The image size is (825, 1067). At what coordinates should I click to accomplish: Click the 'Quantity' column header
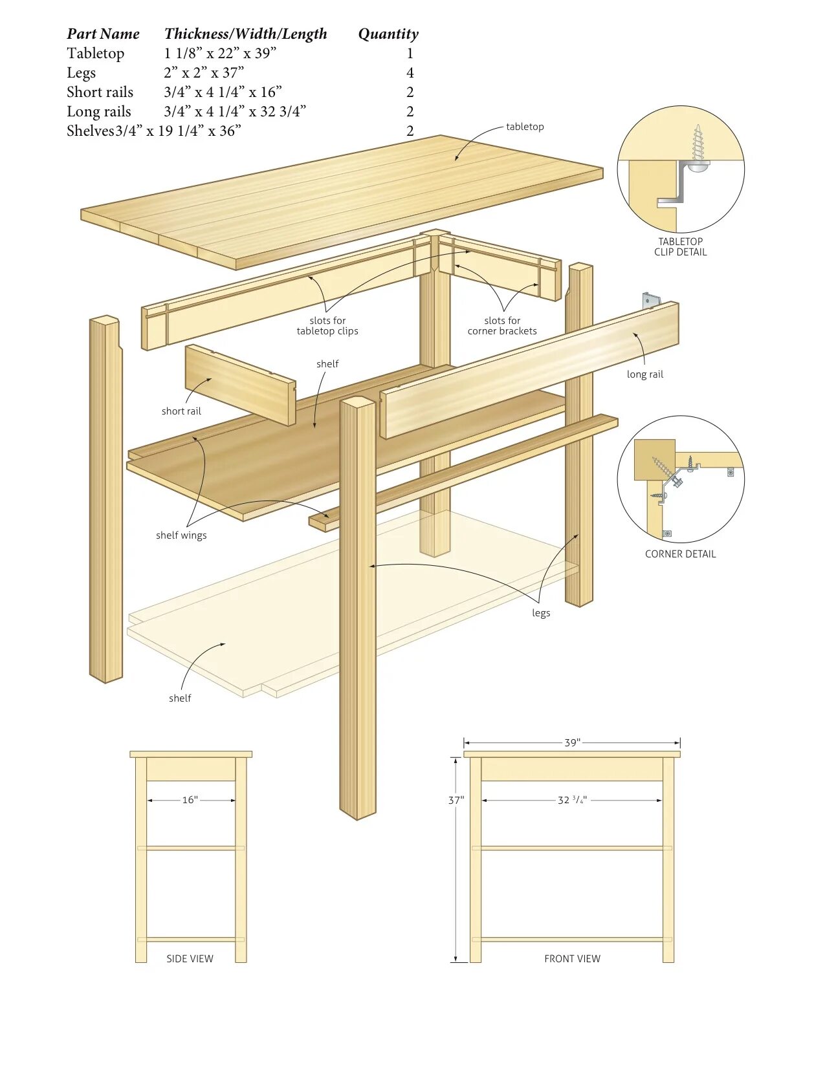[388, 34]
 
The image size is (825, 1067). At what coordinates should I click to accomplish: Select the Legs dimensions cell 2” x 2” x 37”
[204, 72]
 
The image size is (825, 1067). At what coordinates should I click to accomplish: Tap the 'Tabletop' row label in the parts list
[96, 54]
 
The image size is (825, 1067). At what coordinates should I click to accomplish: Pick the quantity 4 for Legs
[410, 72]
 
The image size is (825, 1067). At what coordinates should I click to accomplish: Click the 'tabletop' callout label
[525, 127]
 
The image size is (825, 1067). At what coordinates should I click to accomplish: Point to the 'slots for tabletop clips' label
[327, 326]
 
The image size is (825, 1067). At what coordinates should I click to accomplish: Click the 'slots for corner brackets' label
[502, 326]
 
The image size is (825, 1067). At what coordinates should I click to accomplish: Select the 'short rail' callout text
[181, 411]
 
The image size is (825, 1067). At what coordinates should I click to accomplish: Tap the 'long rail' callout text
[644, 374]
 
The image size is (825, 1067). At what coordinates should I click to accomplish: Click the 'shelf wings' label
[181, 535]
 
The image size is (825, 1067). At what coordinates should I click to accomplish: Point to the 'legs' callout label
[541, 613]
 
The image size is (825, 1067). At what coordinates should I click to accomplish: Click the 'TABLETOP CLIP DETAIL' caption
[680, 247]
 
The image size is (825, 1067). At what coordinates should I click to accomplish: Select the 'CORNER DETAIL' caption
[680, 554]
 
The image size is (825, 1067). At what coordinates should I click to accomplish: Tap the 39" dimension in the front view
[572, 742]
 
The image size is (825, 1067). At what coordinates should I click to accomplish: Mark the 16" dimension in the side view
[190, 800]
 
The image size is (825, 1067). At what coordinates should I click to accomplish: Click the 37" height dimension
[456, 801]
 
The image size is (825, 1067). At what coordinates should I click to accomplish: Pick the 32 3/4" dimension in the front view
[572, 800]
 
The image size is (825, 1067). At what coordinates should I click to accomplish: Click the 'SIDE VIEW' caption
[190, 959]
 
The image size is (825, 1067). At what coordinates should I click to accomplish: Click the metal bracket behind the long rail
[650, 301]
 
